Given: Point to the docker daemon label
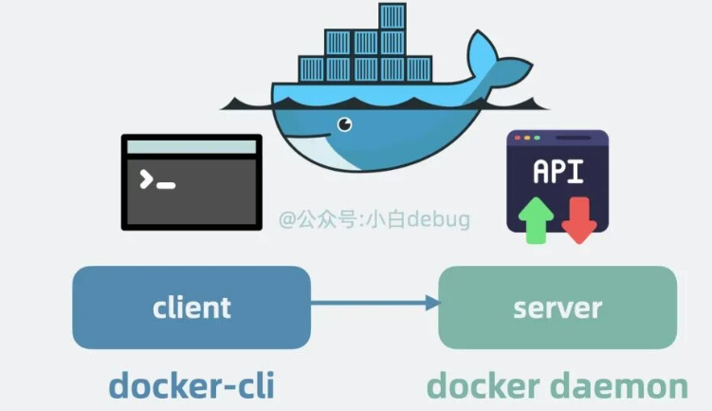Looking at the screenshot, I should coord(557,385).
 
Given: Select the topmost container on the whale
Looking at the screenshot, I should coord(392,17).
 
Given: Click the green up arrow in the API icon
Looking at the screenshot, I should coord(537,217).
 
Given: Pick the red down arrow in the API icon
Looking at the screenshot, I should coord(577,218).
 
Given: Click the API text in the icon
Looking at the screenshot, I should coord(558,173).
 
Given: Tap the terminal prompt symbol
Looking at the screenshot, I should coord(147,179).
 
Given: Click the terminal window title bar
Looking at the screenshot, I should coord(192,147).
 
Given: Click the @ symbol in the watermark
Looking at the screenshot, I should coord(287,221).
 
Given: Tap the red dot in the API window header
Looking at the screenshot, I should coord(517,139).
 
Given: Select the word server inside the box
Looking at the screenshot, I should coord(557,308).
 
